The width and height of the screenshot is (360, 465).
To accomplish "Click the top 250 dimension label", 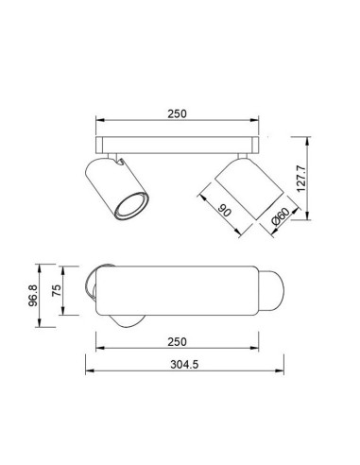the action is (177, 113).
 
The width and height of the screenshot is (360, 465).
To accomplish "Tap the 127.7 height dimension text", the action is (301, 179).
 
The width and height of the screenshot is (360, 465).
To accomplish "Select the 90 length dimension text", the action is (225, 211).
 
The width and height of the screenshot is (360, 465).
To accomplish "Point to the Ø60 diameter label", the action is (280, 216).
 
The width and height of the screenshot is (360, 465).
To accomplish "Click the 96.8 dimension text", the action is (33, 295).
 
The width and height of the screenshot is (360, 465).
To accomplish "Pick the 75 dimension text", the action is (57, 290).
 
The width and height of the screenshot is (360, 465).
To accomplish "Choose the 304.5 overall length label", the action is (184, 365).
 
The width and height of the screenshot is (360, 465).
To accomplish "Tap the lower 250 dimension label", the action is (177, 341).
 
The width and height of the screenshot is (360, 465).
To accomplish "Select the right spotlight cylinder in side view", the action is (249, 188).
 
